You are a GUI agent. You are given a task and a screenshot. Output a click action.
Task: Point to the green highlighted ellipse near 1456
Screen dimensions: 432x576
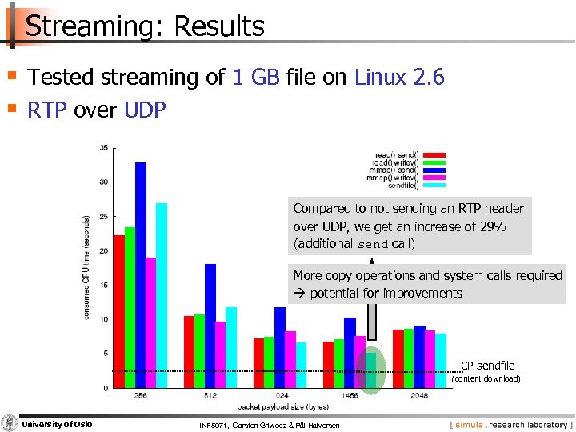click(370, 370)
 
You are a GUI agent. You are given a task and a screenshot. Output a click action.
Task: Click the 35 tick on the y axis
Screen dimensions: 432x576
click(104, 147)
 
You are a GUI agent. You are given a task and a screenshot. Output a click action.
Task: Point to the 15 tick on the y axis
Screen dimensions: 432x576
click(104, 285)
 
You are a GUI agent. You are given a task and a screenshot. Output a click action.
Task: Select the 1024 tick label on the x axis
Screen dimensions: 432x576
click(280, 395)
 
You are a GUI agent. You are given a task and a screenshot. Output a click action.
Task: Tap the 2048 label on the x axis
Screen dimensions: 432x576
click(419, 395)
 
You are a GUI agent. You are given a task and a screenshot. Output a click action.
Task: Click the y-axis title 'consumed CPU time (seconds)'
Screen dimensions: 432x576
click(86, 267)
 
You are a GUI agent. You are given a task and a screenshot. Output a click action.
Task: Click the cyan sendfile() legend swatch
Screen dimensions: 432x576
click(433, 186)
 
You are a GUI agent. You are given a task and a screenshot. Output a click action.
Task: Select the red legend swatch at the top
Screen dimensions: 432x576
click(433, 154)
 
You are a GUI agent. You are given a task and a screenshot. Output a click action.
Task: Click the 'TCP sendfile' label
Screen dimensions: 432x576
click(485, 366)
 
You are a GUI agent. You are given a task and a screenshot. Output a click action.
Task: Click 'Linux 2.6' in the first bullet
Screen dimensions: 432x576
click(398, 78)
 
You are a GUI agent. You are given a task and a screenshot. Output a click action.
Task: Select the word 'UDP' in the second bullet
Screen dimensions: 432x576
click(146, 110)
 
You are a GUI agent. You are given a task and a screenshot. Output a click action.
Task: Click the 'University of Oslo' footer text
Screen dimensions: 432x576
click(56, 424)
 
